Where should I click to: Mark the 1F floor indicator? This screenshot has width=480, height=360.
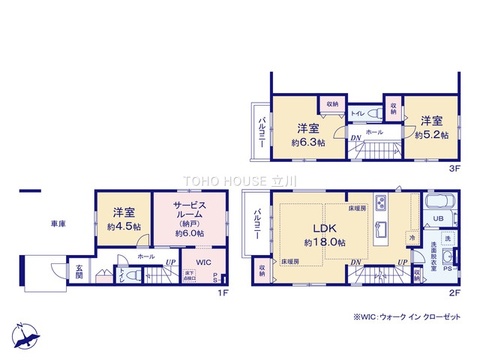coord(225,291)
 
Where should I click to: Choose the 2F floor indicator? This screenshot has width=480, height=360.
coord(453,291)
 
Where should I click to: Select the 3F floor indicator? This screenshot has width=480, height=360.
coord(453,169)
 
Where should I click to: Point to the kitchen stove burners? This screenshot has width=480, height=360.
coord(381,203)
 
